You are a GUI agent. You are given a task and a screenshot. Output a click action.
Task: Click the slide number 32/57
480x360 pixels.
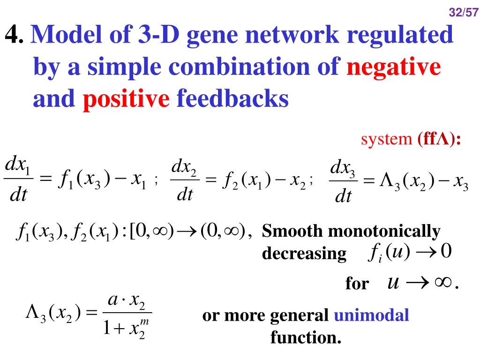coord(463,13)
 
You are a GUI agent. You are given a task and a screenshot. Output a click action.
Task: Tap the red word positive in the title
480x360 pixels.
coord(126,99)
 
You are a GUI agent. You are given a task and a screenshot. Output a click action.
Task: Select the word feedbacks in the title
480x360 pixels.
coord(232,99)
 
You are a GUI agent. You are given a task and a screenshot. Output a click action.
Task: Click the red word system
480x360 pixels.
coord(386,139)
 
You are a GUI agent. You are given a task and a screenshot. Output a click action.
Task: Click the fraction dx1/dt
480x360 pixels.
coord(17,180)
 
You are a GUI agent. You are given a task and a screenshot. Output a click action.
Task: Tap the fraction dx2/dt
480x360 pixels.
coord(185,180)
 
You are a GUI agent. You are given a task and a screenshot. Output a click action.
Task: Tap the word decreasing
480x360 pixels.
coord(304,254)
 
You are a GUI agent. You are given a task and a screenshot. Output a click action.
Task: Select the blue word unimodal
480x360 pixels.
coord(371,315)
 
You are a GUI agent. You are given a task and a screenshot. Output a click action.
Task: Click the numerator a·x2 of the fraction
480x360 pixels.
coord(127,300)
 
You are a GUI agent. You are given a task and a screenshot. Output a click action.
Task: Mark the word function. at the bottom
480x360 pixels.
coord(306,337)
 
